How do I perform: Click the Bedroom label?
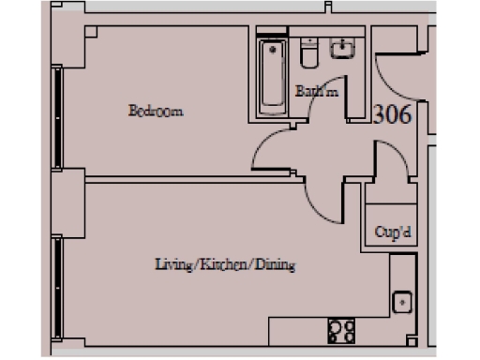[x=156, y=112]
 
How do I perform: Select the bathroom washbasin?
[x=345, y=48]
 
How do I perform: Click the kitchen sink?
[x=401, y=303]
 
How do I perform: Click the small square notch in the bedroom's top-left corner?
[x=90, y=31]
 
